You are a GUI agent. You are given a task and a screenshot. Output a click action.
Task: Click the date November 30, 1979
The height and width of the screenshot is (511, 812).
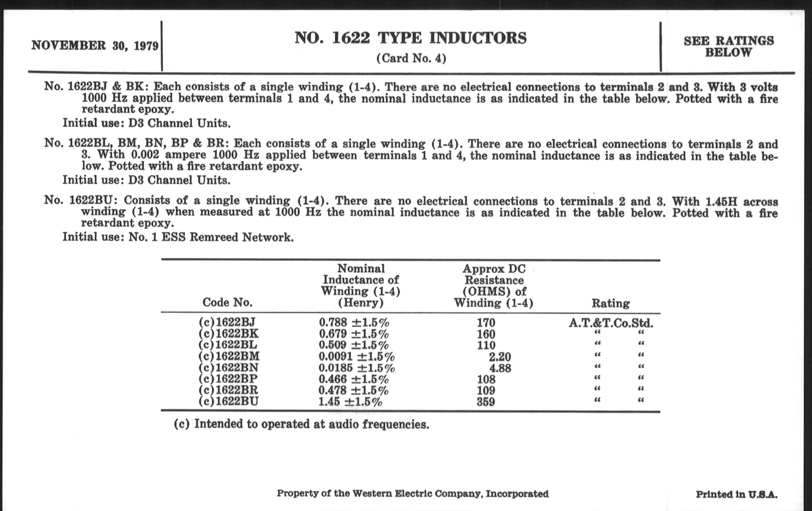click(x=95, y=45)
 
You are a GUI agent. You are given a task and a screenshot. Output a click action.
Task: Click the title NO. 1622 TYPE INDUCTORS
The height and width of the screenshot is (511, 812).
click(x=410, y=38)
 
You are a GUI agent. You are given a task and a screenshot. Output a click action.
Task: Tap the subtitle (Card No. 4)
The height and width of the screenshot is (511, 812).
click(x=411, y=58)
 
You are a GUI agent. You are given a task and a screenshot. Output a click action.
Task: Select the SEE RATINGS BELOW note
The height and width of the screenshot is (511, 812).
click(x=729, y=46)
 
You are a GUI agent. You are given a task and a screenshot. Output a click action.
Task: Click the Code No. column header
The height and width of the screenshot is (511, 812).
click(x=227, y=302)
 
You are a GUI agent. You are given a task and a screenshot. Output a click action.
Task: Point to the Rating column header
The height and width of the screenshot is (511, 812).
click(x=611, y=303)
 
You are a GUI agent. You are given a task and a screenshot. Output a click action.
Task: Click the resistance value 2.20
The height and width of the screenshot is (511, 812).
click(x=500, y=356)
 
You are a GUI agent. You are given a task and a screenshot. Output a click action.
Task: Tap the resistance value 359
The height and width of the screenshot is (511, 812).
click(x=485, y=402)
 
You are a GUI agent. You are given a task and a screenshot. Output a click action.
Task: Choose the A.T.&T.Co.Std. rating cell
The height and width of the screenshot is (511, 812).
click(x=611, y=323)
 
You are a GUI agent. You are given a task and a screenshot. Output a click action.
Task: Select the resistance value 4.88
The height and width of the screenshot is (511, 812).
click(x=500, y=368)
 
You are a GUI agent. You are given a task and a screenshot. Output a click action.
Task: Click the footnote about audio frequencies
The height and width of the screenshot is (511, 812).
click(x=301, y=424)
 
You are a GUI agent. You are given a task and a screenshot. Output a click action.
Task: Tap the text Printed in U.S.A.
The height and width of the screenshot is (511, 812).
click(x=737, y=495)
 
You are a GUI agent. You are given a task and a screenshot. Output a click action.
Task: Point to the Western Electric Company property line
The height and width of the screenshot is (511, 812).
click(x=413, y=494)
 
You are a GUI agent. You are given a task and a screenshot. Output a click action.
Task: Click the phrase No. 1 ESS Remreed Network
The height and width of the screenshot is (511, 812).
click(x=211, y=237)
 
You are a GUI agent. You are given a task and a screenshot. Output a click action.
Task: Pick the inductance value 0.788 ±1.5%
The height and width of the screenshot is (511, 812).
click(x=354, y=322)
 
